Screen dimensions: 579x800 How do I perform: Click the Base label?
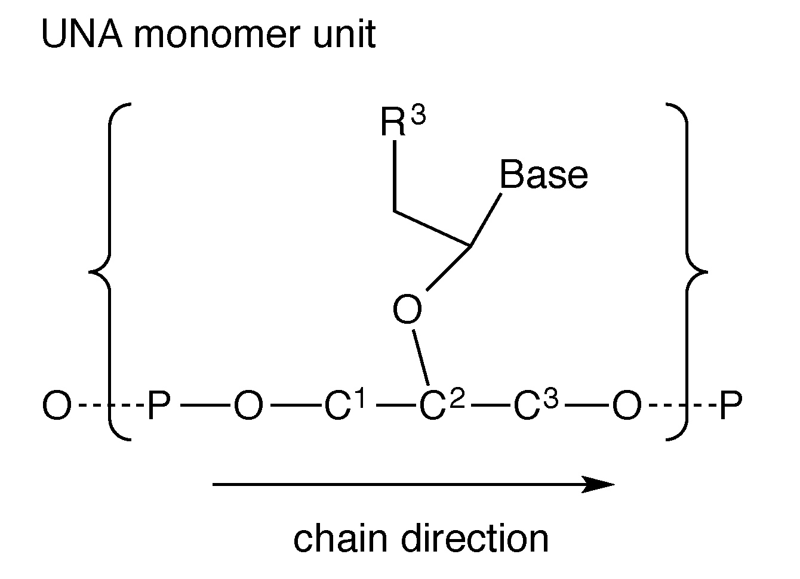coord(543,175)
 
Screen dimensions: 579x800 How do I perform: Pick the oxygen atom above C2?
coord(408,311)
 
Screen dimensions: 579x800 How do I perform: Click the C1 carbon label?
coord(344,406)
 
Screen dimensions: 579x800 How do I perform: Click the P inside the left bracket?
coord(159,407)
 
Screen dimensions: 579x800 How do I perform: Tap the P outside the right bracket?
coord(731,407)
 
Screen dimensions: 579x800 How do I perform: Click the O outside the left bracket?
coord(57,407)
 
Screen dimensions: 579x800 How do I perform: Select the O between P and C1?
coord(248,407)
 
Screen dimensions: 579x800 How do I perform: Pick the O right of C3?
coord(626,407)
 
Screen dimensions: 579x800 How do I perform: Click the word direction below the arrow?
coord(475,538)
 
